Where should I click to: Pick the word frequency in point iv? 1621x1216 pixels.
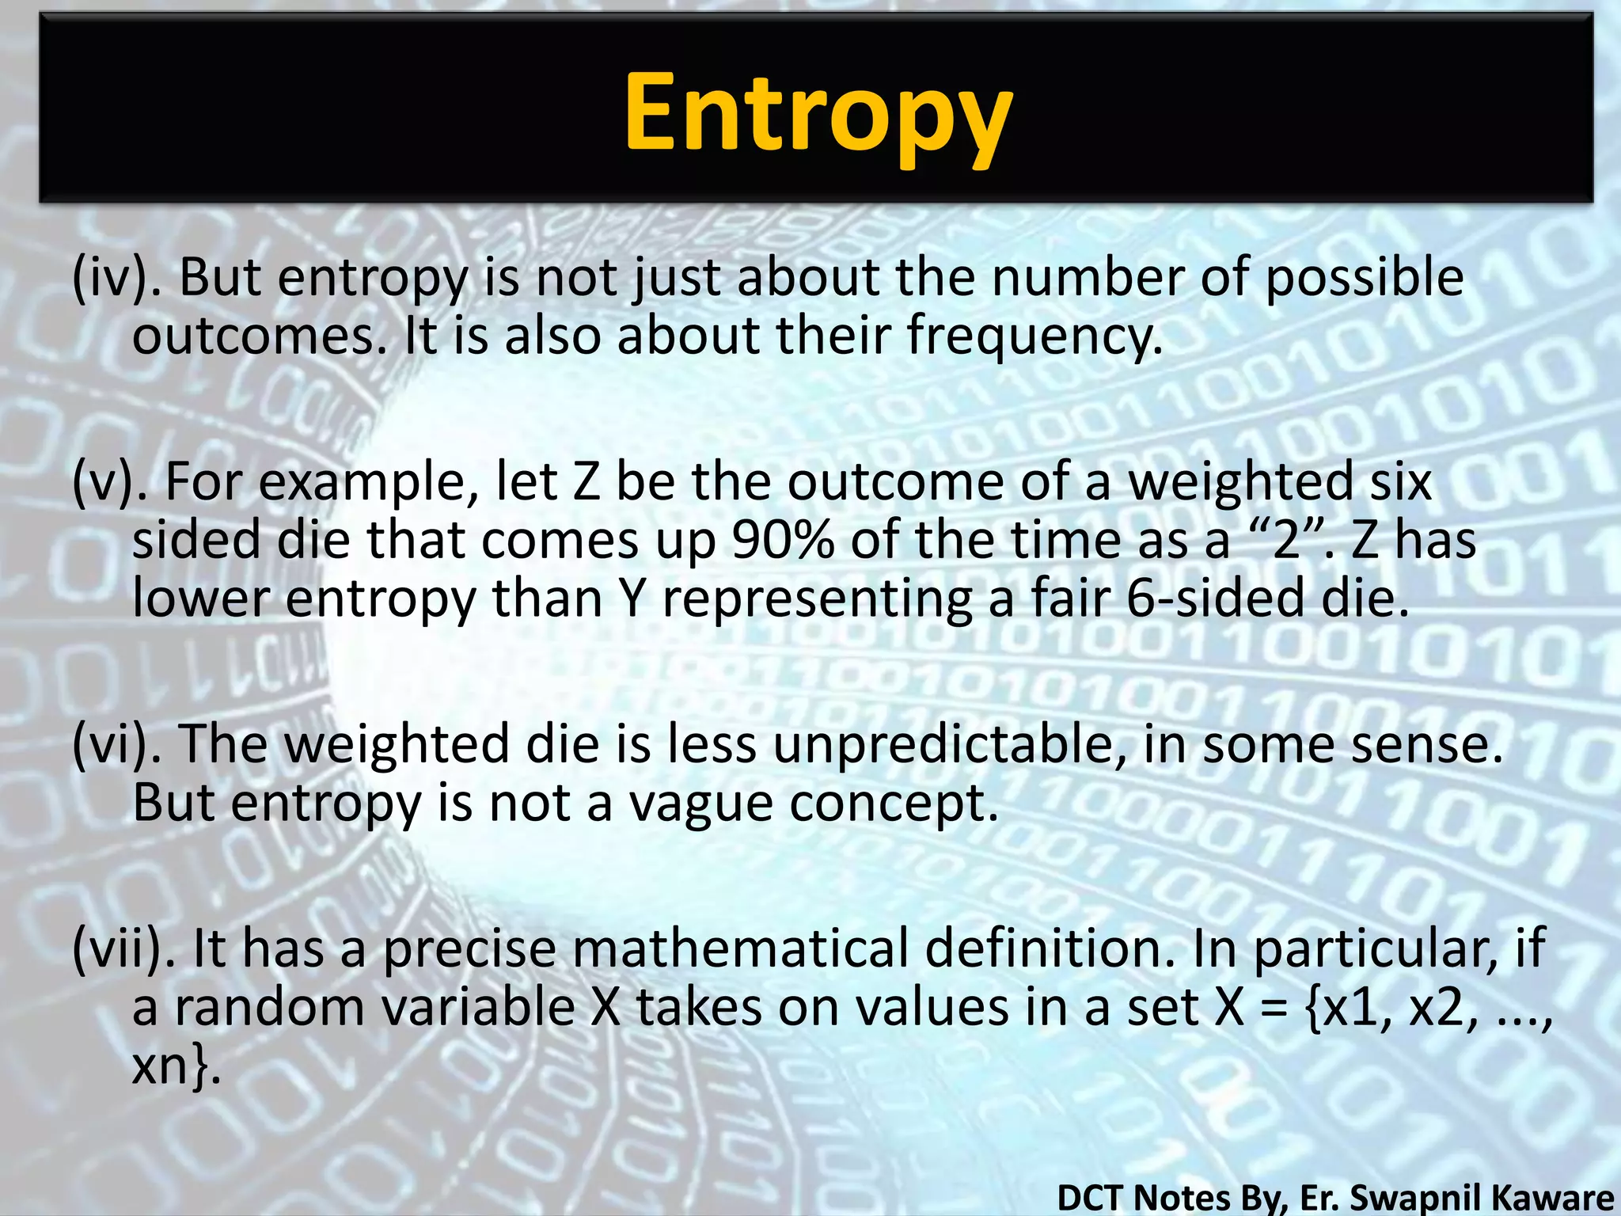point(1034,336)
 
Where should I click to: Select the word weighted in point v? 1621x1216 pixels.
point(1240,482)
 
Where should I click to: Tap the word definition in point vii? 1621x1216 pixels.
point(1050,948)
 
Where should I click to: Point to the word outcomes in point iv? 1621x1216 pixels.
point(261,336)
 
